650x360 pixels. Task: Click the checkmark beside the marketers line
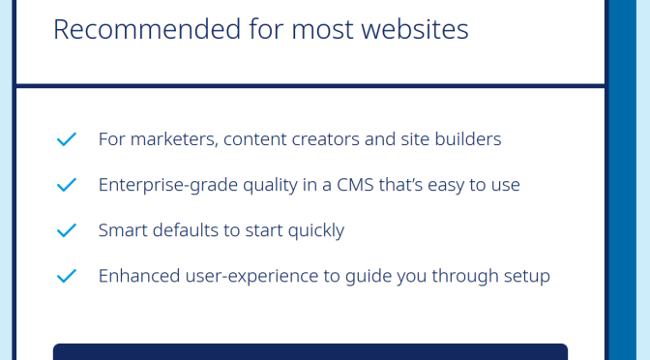(x=67, y=139)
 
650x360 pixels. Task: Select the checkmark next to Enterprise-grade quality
(x=67, y=185)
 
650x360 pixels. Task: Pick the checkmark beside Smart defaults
(x=67, y=230)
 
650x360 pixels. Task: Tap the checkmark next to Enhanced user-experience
(x=67, y=276)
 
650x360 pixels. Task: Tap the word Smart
(x=122, y=230)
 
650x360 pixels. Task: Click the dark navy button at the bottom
(x=310, y=351)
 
